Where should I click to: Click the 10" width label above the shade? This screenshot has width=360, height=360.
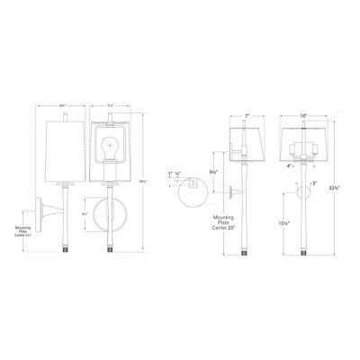[x=291, y=115]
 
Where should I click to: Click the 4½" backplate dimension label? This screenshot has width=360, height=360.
[x=86, y=212]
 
